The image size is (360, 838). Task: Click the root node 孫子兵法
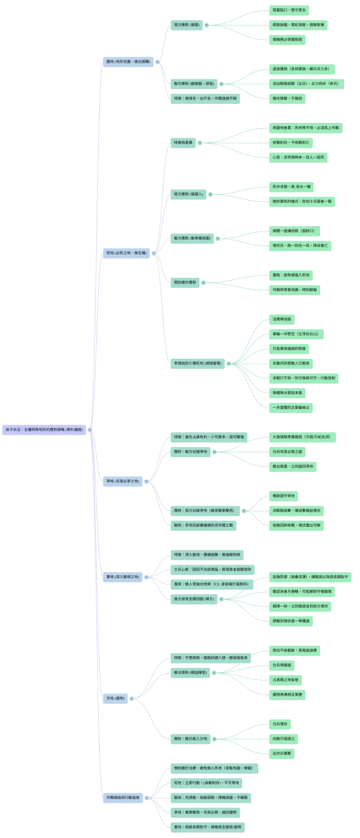[x=44, y=430]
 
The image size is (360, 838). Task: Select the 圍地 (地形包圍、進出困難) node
[x=128, y=62]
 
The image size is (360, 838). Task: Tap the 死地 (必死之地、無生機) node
[x=126, y=253]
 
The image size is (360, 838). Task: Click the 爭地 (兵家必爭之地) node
[x=123, y=481]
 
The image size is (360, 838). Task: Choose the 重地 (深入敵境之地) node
[x=123, y=577]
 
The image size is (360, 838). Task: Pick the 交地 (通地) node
[x=115, y=698]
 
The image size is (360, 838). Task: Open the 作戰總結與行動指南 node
[x=123, y=798]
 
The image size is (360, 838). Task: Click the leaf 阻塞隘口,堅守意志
[x=289, y=10]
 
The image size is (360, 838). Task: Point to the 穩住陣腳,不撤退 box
[x=287, y=98]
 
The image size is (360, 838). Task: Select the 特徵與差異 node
[x=183, y=143]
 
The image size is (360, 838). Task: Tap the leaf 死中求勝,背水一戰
[x=291, y=186]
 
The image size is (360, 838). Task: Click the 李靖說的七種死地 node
[x=198, y=363]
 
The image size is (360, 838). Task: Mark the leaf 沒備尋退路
[x=282, y=319]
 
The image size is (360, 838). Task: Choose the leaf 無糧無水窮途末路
[x=287, y=392]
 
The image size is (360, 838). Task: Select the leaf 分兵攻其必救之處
[x=287, y=451]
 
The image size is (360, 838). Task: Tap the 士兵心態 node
[x=213, y=569]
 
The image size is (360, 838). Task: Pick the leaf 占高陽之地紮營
[x=287, y=679]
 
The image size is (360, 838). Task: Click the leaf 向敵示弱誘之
[x=284, y=738]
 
